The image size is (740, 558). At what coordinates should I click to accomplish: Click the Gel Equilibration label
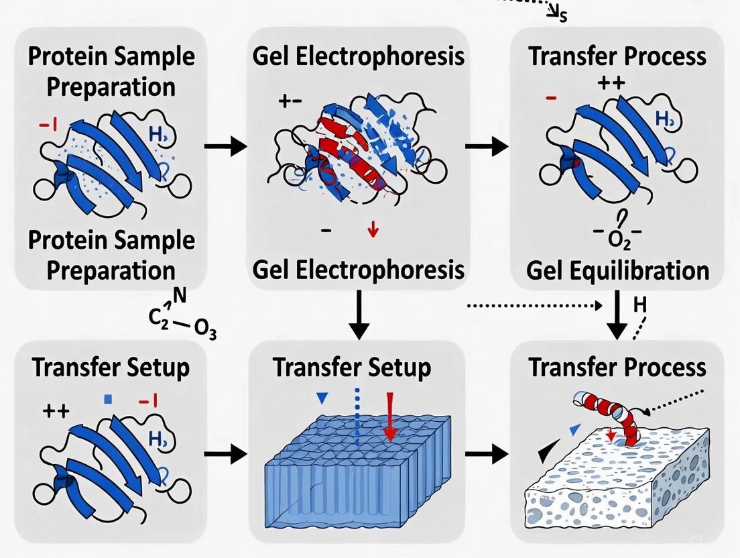coord(617,270)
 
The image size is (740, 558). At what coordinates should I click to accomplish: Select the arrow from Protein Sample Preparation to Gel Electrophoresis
coord(225,146)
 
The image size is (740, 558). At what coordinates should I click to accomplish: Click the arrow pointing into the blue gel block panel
coord(225,454)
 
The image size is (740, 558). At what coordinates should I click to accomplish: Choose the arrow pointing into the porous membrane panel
coord(487,454)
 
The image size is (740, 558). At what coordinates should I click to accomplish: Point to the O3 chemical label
coord(204,331)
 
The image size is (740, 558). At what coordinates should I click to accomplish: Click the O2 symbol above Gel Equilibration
coord(617,240)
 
